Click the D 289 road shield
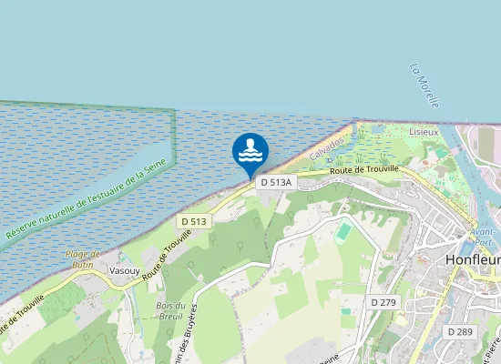[461, 332]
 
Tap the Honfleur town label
[474, 259]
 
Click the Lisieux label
[424, 131]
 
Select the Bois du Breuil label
[171, 311]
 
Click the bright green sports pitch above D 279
[343, 231]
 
